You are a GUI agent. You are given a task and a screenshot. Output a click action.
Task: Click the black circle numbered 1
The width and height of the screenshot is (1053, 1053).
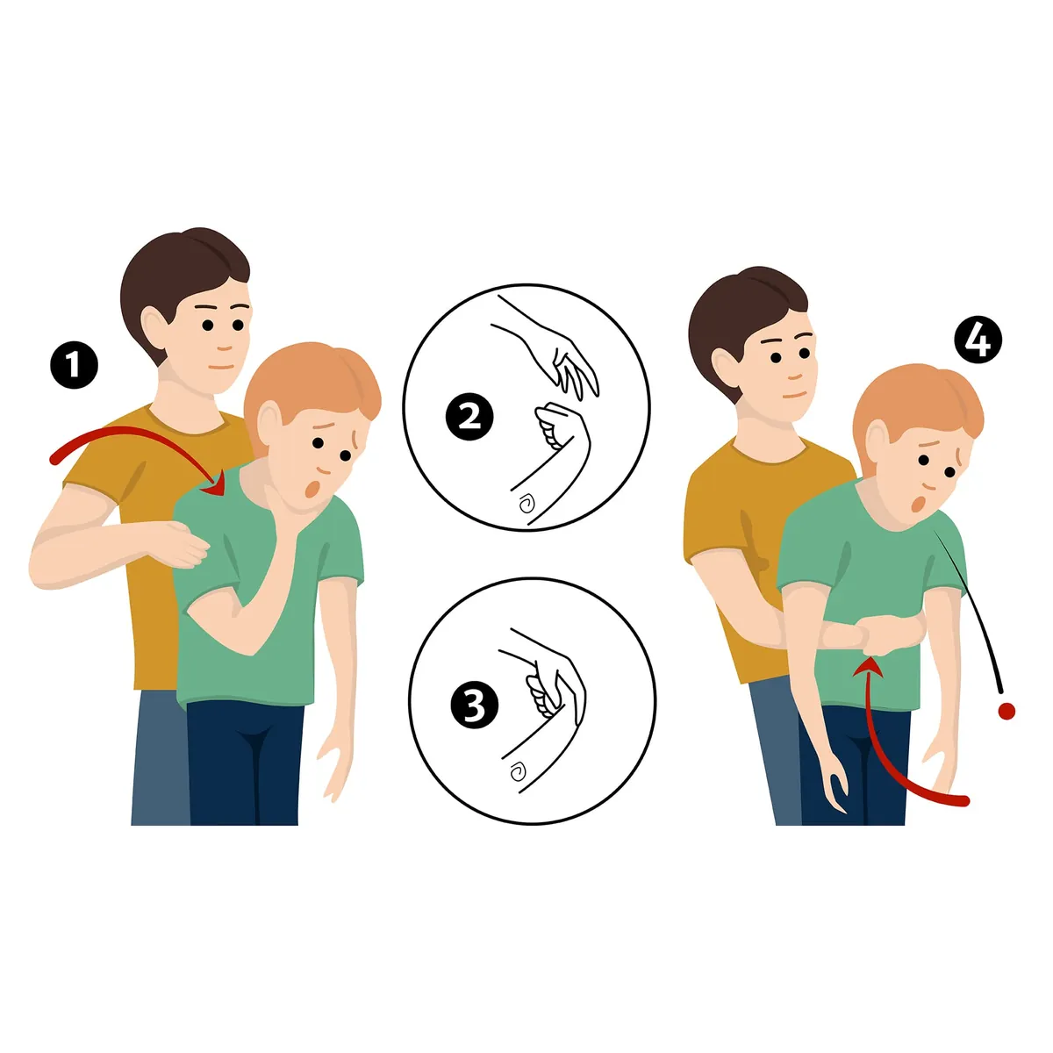click(74, 365)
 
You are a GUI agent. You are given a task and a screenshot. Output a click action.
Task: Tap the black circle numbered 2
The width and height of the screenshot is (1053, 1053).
click(470, 418)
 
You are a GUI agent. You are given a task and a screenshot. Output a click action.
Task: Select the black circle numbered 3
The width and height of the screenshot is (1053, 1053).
click(475, 705)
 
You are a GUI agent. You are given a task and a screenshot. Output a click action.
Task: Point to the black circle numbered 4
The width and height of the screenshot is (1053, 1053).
click(978, 340)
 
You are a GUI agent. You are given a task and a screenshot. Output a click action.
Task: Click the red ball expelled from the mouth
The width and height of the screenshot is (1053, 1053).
click(1006, 711)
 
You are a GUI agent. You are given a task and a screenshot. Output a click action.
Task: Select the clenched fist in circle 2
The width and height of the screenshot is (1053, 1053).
click(558, 426)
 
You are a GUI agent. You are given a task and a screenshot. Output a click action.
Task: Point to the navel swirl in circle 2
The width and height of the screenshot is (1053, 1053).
click(526, 504)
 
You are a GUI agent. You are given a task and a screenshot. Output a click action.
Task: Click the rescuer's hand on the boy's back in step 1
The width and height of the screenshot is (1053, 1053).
click(187, 543)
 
